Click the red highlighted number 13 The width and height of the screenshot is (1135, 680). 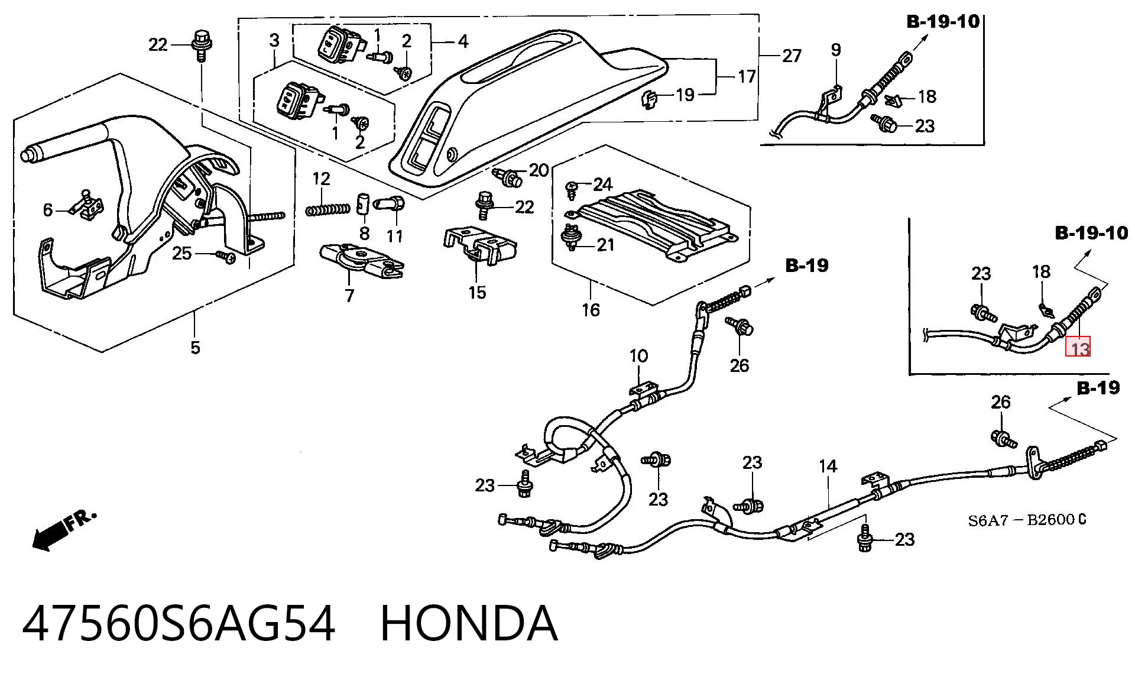point(1078,347)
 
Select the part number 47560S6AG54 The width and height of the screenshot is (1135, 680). point(179,623)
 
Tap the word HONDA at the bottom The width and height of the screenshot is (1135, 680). point(469,623)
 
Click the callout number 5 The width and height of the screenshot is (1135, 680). point(195,347)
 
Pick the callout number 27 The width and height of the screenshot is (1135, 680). point(792,56)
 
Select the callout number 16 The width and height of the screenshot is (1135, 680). point(591,309)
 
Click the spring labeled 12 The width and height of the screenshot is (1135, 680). point(328,209)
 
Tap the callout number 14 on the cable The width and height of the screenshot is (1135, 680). point(828,466)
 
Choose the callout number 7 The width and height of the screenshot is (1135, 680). point(349,295)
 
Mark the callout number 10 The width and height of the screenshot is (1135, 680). point(638,356)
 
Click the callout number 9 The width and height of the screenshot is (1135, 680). point(835,50)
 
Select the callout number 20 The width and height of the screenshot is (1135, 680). point(539,170)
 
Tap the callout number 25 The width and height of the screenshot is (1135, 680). point(182,253)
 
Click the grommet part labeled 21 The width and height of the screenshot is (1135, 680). point(571,237)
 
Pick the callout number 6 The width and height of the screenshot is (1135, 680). point(48,209)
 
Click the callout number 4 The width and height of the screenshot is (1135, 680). point(463,41)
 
